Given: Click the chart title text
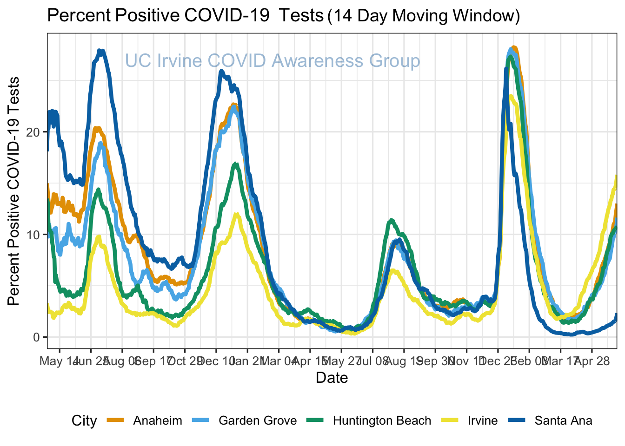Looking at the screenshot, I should coord(283,16).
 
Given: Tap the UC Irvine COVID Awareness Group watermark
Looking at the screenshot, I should coord(273,61).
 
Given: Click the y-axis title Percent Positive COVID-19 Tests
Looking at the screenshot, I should coord(14,191).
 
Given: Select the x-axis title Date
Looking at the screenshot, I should coord(332,377).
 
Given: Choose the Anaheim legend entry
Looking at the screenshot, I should coord(157,421).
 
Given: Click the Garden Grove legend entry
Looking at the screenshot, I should coord(257,421).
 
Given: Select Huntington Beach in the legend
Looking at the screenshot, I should coord(382,421).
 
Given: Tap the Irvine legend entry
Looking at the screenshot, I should coord(483,421).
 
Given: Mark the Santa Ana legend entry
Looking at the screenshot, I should coord(563,421).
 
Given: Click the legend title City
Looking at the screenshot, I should coord(84,421).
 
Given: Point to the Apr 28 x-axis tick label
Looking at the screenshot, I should coord(592,361).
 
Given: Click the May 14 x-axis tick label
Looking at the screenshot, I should coord(58,361).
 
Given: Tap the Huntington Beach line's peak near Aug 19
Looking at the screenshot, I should coord(392,220).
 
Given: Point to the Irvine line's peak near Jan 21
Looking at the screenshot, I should coord(237,214).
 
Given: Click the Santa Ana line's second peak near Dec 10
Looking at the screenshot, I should coord(221,71).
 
